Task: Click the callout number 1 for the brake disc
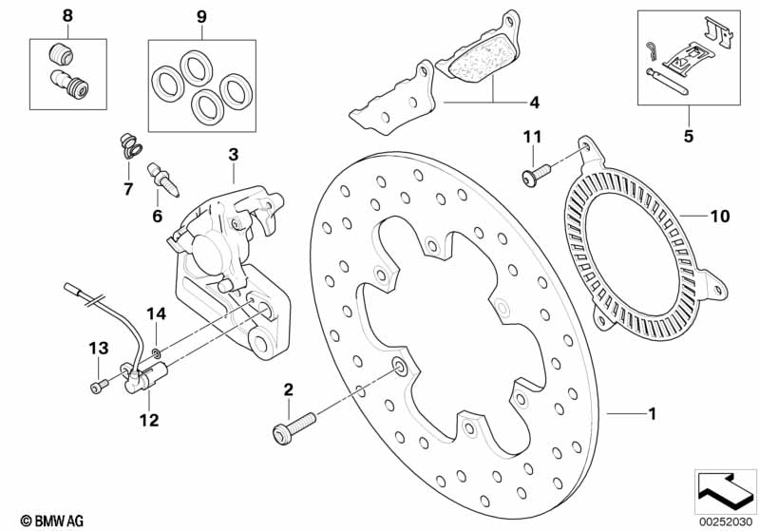click(652, 413)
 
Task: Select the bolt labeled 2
click(290, 425)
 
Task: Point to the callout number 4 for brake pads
click(534, 101)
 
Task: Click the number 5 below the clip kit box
click(689, 136)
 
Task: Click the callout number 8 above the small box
click(66, 15)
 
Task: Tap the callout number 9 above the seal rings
click(200, 16)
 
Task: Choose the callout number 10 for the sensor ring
click(720, 217)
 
